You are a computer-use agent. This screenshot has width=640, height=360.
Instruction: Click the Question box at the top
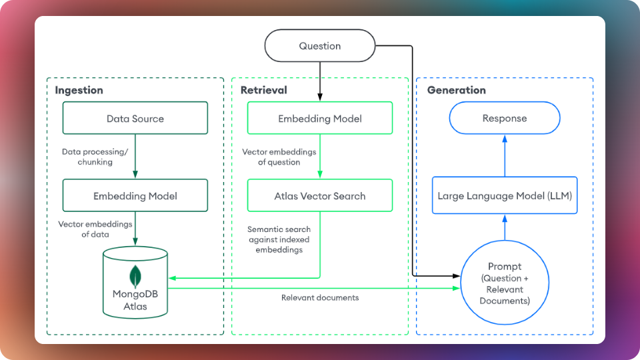[320, 46]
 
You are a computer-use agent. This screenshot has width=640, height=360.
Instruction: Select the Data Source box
[135, 119]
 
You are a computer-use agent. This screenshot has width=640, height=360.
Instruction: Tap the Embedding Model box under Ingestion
[135, 196]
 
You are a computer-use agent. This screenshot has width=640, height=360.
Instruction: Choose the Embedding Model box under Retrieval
[320, 119]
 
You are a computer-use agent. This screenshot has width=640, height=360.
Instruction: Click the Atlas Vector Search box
[320, 196]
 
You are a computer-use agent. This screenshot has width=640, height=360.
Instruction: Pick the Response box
[505, 119]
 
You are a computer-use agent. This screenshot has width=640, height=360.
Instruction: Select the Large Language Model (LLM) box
[505, 196]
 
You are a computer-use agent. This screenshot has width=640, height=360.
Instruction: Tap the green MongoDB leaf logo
[135, 275]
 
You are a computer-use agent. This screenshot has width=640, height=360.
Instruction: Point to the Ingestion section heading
[79, 90]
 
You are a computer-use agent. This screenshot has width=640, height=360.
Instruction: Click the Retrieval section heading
[263, 90]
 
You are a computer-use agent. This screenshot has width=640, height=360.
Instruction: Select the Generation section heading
[457, 90]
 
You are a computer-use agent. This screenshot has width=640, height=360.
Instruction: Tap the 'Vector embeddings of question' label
[271, 157]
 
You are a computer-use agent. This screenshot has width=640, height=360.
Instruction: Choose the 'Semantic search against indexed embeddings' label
[279, 239]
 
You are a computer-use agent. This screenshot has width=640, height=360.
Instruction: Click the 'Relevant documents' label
[320, 297]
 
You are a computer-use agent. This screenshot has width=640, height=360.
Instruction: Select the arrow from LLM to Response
[505, 157]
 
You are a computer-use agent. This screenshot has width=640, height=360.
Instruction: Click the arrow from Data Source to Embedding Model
[135, 157]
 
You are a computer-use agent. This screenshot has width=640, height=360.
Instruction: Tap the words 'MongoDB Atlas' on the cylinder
[135, 300]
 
